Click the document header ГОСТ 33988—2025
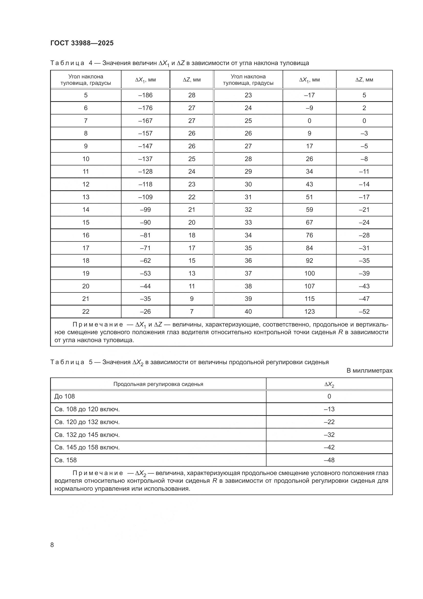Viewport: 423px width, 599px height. tap(82, 43)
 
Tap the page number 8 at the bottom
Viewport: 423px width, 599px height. tap(52, 545)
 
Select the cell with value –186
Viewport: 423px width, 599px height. tap(145, 95)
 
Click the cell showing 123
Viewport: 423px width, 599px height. tap(309, 311)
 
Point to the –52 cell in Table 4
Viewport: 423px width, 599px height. tap(364, 311)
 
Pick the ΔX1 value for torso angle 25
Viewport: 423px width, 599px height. tap(309, 121)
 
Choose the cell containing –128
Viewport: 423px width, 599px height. tap(145, 172)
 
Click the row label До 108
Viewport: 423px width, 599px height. tap(65, 396)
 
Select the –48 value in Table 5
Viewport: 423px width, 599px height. tap(329, 460)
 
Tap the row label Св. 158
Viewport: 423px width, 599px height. tap(66, 460)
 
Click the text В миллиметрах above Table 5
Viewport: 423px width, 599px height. tap(369, 371)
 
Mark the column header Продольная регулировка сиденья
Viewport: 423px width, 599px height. tap(158, 384)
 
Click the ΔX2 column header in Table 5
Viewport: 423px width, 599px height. tap(329, 385)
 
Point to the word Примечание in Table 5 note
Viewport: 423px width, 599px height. tap(98, 473)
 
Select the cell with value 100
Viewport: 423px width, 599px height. tap(309, 274)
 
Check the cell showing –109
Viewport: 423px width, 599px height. tap(145, 197)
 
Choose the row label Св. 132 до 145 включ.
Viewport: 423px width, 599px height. tap(87, 435)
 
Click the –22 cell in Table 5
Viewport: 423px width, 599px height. tap(329, 422)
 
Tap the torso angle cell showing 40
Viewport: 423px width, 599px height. tap(248, 311)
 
